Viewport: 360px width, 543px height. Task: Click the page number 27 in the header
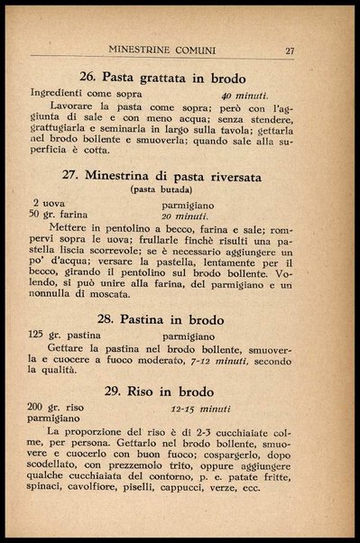[x=289, y=51]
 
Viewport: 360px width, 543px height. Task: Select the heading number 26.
[x=88, y=77]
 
